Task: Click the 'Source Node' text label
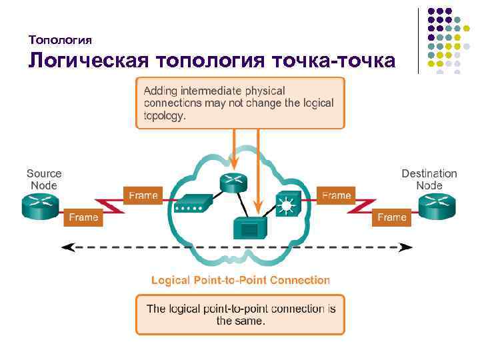[x=44, y=179]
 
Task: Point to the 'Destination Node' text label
[x=429, y=179]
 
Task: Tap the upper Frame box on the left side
[x=143, y=195]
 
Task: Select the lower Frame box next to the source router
[x=83, y=217]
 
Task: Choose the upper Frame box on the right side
[x=336, y=195]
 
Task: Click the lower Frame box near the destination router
[x=392, y=217]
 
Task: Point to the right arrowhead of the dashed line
[x=408, y=247]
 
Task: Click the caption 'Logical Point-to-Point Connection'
[x=241, y=280]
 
